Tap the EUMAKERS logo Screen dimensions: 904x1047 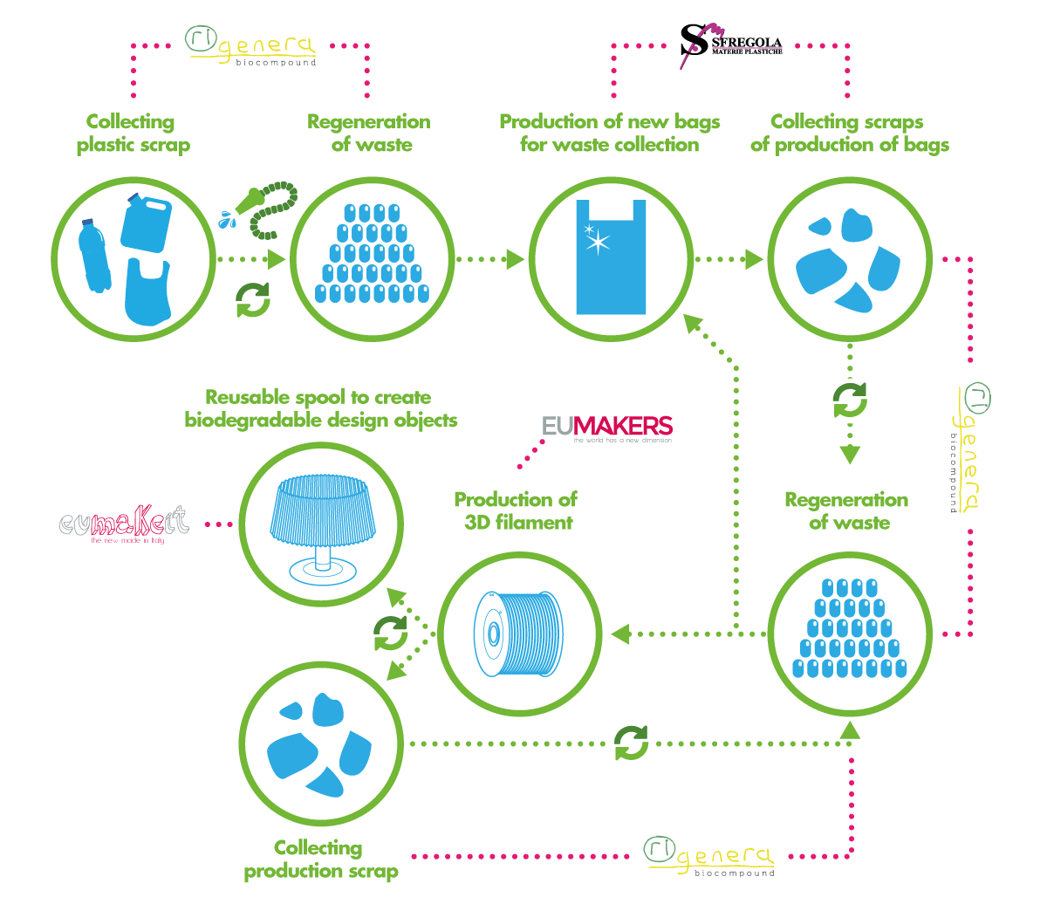tap(607, 427)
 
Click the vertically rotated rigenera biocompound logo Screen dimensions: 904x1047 tap(965, 448)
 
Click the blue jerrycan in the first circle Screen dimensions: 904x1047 tap(146, 223)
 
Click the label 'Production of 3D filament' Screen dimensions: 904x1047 tap(515, 511)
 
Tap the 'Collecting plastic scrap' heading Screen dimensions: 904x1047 tap(132, 134)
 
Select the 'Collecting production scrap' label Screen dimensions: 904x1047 tap(320, 859)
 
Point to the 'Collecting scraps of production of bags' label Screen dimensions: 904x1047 tap(849, 134)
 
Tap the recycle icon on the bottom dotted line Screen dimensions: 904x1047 tap(631, 743)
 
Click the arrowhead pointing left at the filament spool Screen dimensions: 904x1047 tap(620, 633)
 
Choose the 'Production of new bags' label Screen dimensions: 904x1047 tap(609, 122)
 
